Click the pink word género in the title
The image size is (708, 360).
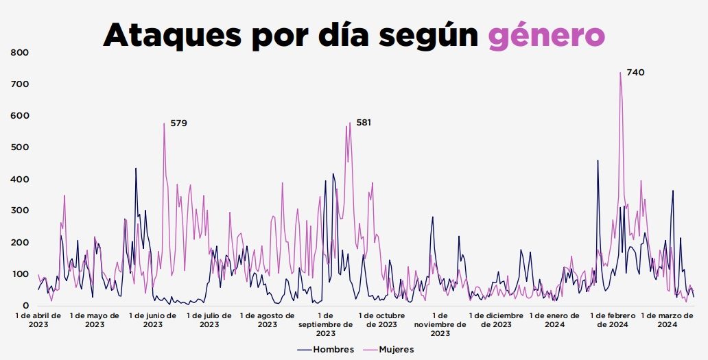point(547,34)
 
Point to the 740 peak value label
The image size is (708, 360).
point(635,72)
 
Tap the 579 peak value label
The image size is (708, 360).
point(178,123)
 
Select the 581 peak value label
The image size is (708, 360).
point(364,123)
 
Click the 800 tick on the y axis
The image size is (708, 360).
point(19,53)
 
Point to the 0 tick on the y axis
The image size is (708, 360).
point(25,305)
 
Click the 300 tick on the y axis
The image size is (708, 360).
point(19,211)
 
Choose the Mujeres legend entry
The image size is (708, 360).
point(391,349)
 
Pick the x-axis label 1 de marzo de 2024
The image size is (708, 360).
point(668,320)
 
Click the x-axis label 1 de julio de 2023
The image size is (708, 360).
point(209,320)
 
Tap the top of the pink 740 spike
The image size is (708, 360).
point(620,73)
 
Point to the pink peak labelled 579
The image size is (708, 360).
point(164,123)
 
